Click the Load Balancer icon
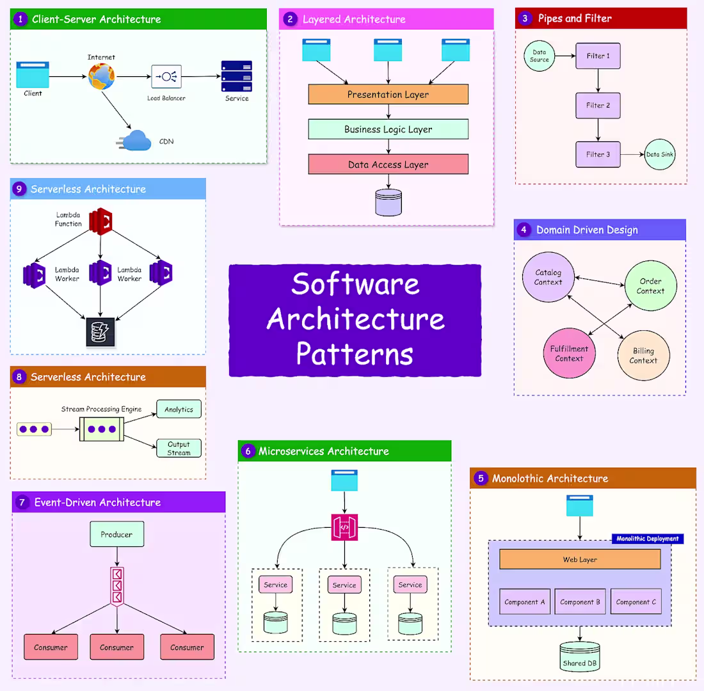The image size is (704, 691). [166, 77]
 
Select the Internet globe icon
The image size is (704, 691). [102, 76]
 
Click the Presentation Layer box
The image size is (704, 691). [388, 95]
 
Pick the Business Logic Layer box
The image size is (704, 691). [388, 129]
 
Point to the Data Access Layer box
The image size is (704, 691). [388, 164]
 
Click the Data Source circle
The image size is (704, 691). [540, 56]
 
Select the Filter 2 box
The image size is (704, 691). [598, 105]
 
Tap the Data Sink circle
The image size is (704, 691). [660, 154]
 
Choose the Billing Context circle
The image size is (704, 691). [643, 356]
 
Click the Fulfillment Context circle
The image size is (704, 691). [569, 354]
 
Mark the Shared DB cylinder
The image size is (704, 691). [580, 657]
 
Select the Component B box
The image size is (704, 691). [580, 602]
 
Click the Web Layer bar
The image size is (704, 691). [580, 559]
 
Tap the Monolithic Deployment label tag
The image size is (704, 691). [647, 539]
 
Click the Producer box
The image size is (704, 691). [116, 534]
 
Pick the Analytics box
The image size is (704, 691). [179, 409]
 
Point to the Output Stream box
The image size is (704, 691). [179, 448]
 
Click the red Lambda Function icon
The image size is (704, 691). [100, 221]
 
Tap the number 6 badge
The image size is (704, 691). [248, 451]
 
